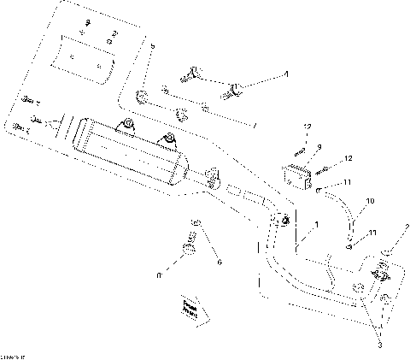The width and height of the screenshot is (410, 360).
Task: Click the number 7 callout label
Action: click(254, 127)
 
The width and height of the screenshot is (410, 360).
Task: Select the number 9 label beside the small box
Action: click(318, 148)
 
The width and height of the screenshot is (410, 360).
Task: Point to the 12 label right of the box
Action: click(348, 159)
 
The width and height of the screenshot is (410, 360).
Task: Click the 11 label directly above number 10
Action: click(348, 183)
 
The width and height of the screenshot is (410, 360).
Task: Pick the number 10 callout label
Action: click(370, 202)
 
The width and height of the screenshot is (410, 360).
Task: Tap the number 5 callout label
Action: click(151, 44)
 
